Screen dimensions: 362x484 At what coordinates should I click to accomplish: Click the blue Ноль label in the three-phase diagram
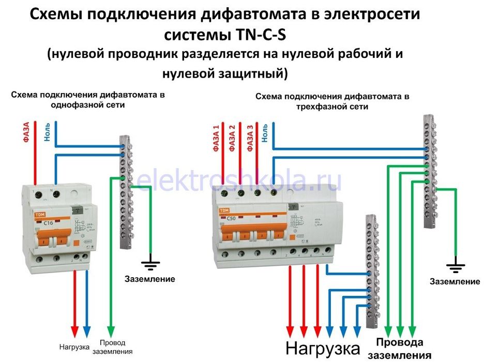coord(265,133)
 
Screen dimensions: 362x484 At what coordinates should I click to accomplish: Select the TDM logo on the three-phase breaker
coord(224,210)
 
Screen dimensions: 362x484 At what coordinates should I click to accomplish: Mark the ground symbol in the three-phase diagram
coord(455,267)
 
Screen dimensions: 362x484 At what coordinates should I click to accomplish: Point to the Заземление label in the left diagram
coord(150,279)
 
